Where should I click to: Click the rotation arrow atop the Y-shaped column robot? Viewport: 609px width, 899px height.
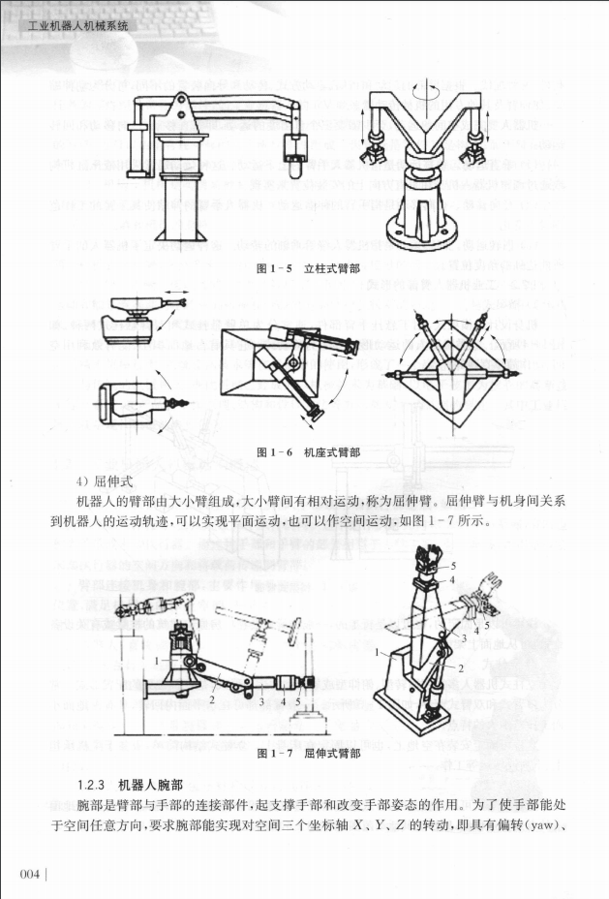click(427, 87)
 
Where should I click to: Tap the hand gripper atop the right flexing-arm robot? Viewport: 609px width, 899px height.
click(424, 558)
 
